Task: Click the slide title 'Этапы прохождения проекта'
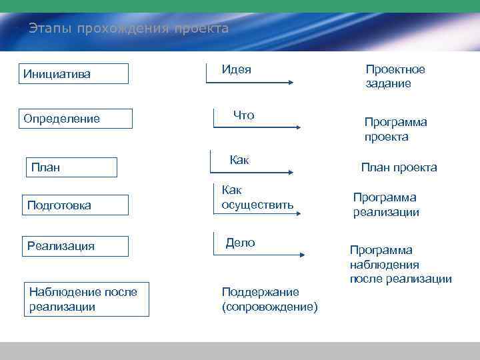coord(128,29)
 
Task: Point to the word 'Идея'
coord(237,69)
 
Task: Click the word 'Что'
coord(243,115)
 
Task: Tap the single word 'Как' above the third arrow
coord(239,160)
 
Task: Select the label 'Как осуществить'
coord(257,198)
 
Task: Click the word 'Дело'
coord(240,243)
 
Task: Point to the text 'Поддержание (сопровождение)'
coord(269,299)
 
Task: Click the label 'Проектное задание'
coord(395,77)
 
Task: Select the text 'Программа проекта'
coord(395,129)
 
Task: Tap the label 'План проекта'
coord(399,167)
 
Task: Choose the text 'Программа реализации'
coord(386,205)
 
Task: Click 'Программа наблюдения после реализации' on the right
coord(400,264)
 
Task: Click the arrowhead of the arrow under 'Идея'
coord(290,83)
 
